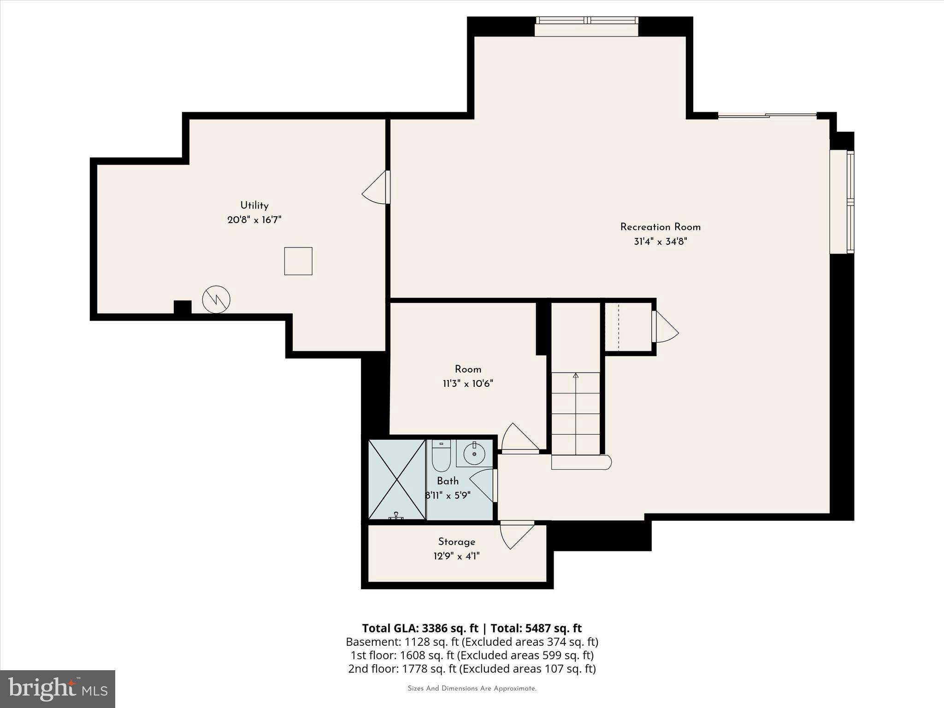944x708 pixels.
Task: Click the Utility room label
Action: [254, 206]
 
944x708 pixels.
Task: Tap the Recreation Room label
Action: [660, 227]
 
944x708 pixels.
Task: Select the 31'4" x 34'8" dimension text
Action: [660, 242]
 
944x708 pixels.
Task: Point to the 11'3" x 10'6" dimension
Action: [468, 383]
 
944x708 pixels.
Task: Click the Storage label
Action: [456, 542]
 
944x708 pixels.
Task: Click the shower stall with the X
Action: [397, 479]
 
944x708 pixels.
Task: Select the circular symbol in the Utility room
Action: [216, 300]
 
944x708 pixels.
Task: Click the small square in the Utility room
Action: [298, 261]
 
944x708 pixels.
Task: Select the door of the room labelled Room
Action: [520, 438]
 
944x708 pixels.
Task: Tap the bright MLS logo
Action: [58, 688]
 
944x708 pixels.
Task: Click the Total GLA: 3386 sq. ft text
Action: [420, 628]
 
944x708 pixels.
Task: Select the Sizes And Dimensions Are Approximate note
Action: [472, 689]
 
